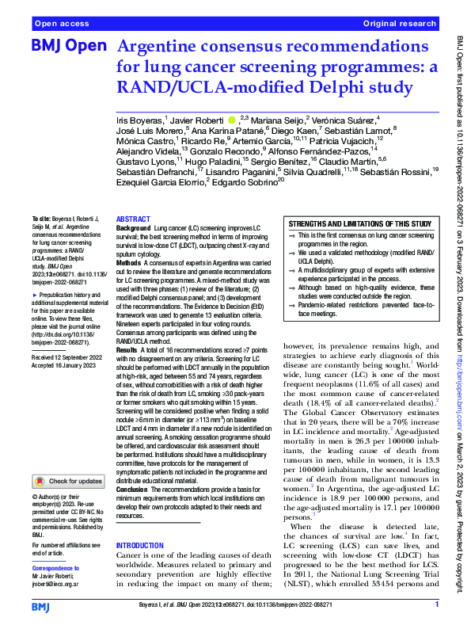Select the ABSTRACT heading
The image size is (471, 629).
pyautogui.click(x=134, y=219)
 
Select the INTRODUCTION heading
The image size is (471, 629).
pyautogui.click(x=143, y=546)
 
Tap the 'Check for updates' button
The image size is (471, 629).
pyautogui.click(x=67, y=481)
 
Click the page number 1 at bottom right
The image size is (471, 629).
pyautogui.click(x=436, y=606)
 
